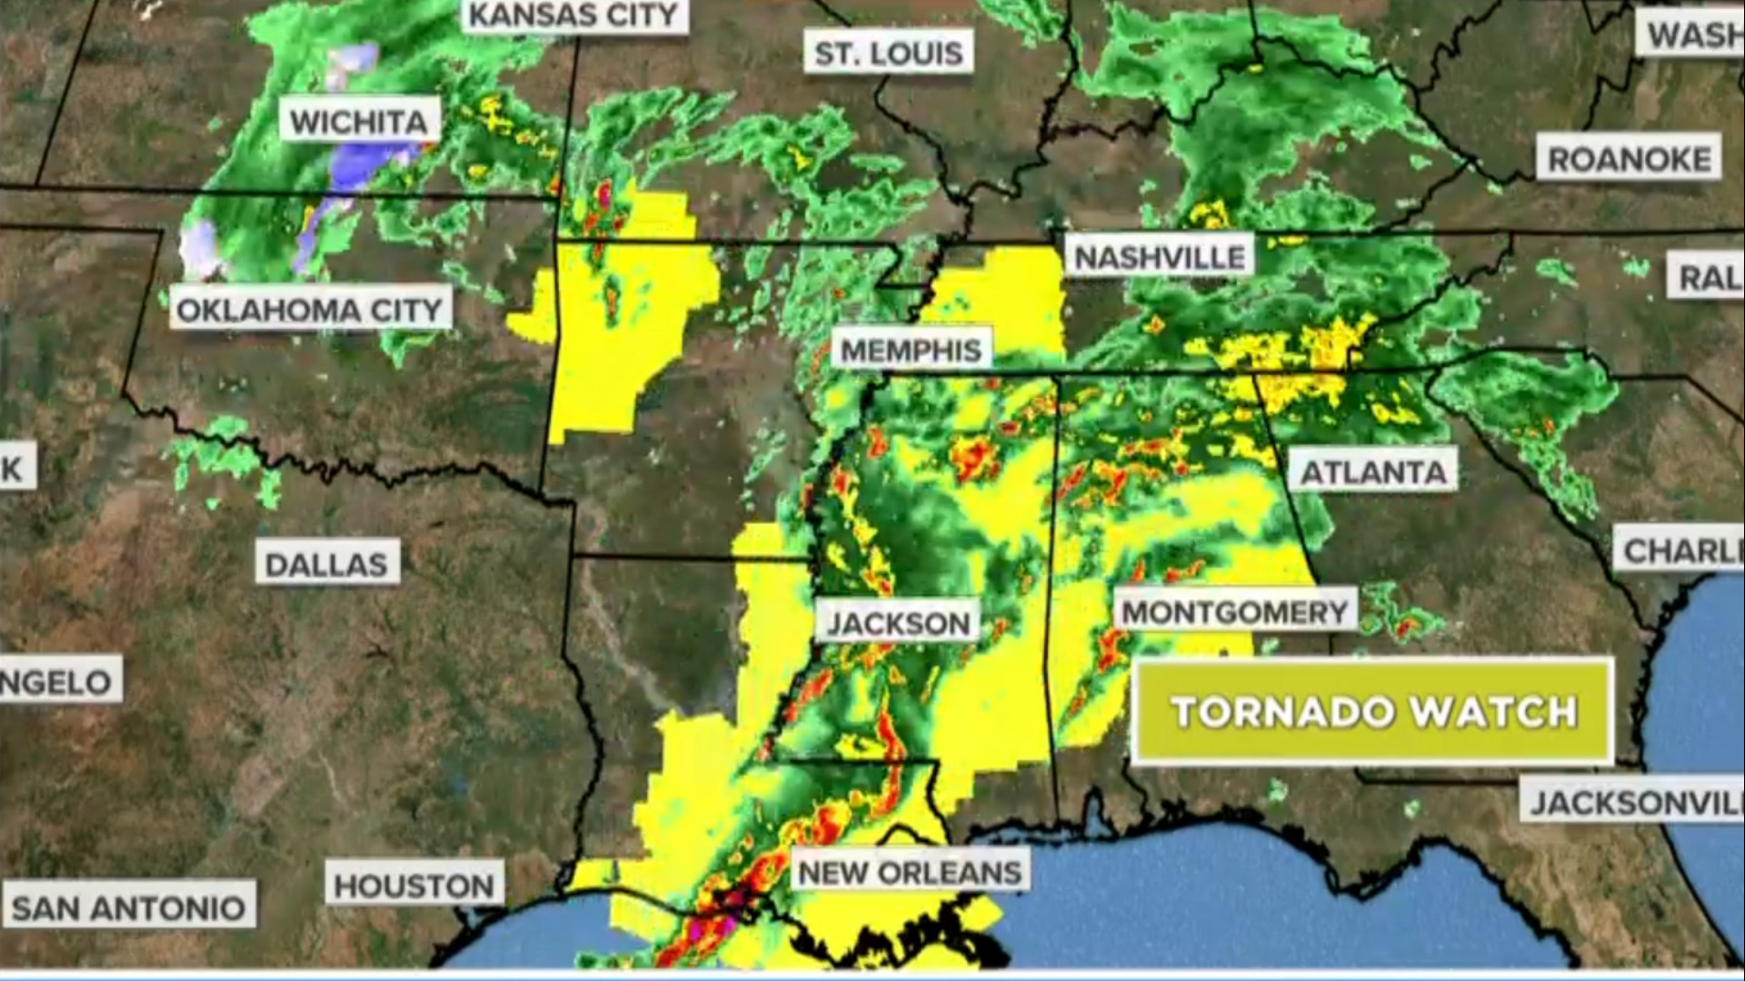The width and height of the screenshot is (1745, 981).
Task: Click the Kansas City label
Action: pos(573,15)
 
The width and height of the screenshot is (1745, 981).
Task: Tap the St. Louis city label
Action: pos(889,54)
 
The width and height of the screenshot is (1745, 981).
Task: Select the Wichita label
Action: pos(359,121)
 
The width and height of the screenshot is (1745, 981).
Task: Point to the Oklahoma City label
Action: pos(310,311)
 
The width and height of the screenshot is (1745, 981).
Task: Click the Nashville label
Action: pos(1160,258)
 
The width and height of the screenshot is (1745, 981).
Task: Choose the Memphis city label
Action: pos(911,351)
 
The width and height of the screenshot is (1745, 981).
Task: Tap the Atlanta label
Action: pos(1373,472)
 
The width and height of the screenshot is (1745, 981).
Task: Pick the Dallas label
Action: pos(326,565)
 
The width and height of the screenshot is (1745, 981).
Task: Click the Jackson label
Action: pos(898,623)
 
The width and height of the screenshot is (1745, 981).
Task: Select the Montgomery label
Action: pos(1235,612)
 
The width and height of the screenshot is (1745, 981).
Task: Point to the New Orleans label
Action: pos(910,873)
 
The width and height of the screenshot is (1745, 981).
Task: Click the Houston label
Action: pos(414,886)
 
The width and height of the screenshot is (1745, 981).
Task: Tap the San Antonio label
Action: pos(128,907)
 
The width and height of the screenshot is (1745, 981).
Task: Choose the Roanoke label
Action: pos(1629,160)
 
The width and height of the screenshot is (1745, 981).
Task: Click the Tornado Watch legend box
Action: pos(1372,711)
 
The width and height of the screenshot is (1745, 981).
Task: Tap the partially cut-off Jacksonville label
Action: pos(1632,803)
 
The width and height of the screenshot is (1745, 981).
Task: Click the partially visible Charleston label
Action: pos(1680,550)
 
